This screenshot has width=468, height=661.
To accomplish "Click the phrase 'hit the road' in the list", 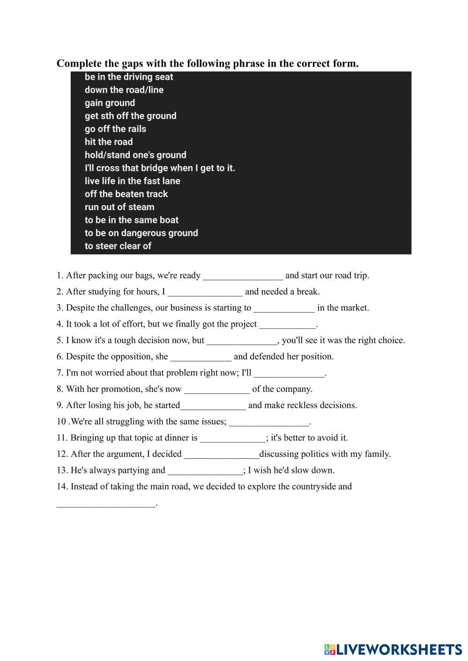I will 109,142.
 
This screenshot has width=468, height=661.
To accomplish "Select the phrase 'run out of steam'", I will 119,207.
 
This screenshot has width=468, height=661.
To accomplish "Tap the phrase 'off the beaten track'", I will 126,194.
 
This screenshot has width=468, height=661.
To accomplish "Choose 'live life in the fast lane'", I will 132,181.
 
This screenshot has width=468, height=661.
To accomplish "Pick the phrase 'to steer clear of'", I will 118,246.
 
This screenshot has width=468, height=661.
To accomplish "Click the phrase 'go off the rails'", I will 115,129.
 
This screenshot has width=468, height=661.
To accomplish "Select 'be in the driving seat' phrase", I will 129,77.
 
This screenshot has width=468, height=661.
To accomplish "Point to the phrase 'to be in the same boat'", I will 131,220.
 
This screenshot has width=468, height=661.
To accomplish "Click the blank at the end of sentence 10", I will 269,423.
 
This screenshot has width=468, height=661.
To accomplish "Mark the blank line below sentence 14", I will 105,505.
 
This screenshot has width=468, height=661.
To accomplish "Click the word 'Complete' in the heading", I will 79,63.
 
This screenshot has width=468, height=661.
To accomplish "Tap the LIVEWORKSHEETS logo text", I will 399,649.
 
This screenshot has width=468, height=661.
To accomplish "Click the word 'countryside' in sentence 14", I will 313,486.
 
